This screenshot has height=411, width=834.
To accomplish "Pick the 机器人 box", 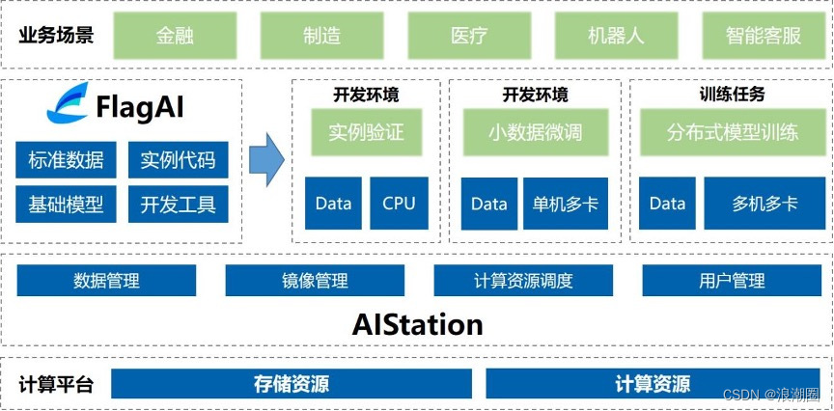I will tap(615, 36).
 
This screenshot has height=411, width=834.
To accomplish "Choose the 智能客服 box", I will tap(763, 36).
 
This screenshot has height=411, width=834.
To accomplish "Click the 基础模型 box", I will tap(66, 204).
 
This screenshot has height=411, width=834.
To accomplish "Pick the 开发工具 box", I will tap(178, 204).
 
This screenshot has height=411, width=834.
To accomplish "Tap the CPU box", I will tap(399, 203).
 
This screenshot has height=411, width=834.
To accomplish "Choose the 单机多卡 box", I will tap(565, 204).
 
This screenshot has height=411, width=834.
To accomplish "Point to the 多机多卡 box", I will tap(764, 204).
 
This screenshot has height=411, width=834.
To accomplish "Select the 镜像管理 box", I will tap(315, 281).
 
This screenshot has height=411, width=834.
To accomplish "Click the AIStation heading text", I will tap(417, 323).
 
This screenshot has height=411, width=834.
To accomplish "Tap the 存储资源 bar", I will tap(291, 384).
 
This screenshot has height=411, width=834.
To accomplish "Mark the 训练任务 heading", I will tap(731, 95).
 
